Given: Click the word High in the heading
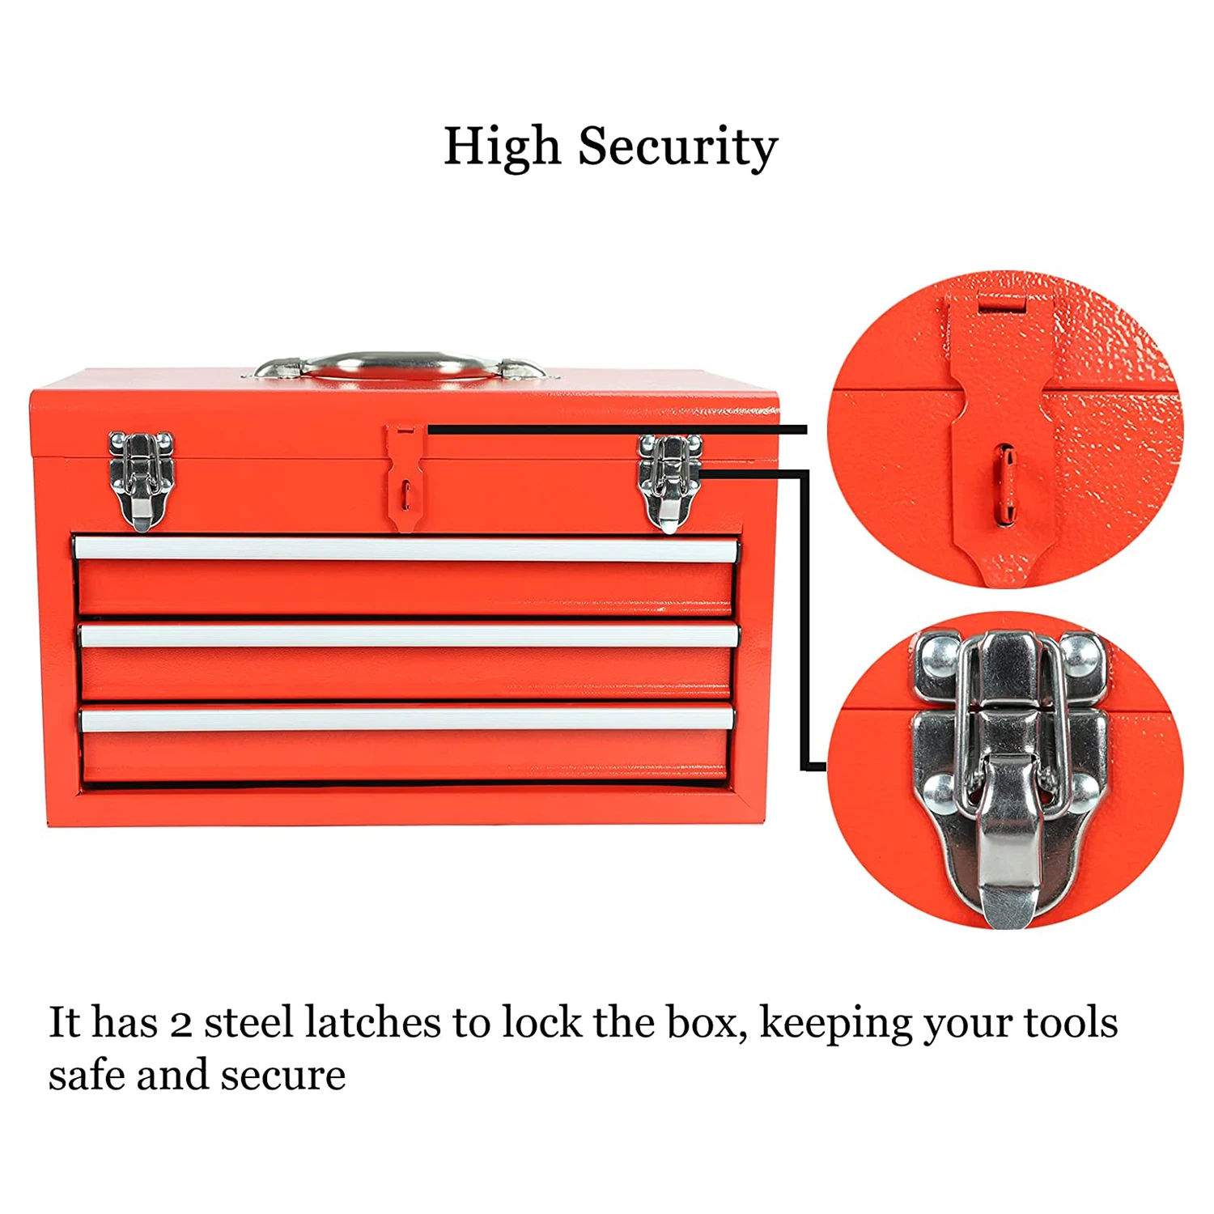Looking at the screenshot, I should tap(502, 147).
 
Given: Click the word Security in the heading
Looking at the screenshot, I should tap(677, 147).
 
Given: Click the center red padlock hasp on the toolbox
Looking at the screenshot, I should tap(405, 478).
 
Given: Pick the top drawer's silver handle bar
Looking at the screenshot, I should tap(405, 550).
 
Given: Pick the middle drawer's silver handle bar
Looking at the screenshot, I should tap(409, 635).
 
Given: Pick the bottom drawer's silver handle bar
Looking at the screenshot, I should tap(407, 718).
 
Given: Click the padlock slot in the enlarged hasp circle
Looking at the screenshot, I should tap(1004, 483).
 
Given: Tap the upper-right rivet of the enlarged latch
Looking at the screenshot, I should tap(1080, 656).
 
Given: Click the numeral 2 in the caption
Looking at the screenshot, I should tap(181, 1023).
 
